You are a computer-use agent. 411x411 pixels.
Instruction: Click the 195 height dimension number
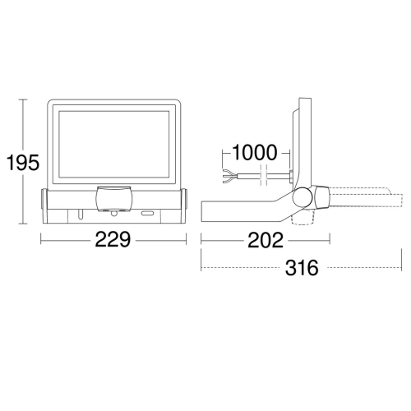23,163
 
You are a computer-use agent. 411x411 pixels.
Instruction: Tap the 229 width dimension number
113,240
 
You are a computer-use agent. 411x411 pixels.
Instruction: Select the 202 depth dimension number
266,240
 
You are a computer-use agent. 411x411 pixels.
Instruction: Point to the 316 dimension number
302,268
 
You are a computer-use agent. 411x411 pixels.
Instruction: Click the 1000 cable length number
255,153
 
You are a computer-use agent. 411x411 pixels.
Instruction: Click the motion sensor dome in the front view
114,198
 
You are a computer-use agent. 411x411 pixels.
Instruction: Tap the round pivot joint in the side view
302,197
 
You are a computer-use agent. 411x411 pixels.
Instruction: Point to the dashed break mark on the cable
263,176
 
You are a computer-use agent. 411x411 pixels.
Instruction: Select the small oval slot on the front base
148,214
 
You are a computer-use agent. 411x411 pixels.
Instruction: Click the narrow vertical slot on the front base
80,215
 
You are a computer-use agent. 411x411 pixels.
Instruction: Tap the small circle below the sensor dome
113,213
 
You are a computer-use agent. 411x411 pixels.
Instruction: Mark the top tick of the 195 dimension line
23,99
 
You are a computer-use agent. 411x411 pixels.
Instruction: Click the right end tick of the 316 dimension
401,260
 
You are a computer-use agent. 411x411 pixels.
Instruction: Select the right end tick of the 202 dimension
330,238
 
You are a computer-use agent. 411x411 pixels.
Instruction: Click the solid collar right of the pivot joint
321,197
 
